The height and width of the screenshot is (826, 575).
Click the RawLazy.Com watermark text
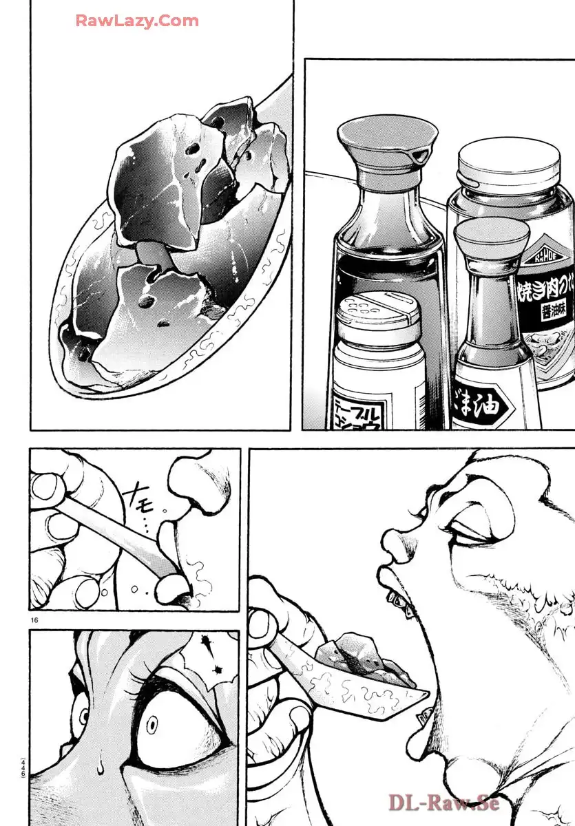tap(137, 21)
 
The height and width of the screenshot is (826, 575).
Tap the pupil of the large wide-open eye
tap(153, 723)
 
